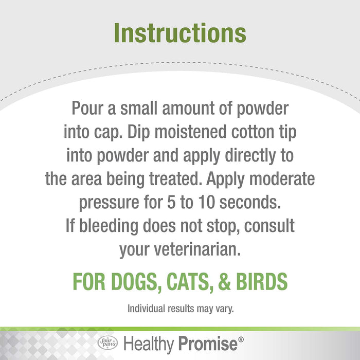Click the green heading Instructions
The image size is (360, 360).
click(179, 32)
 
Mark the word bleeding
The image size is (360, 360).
click(103, 226)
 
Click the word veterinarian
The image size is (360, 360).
click(199, 249)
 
